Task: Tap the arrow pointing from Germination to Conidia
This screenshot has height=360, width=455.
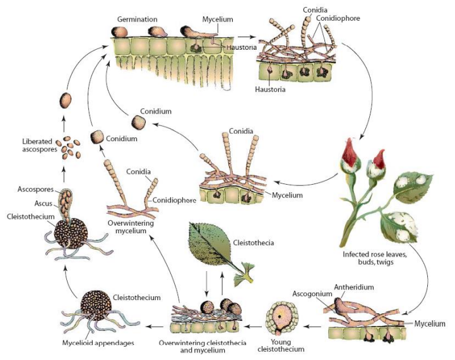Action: (x=247, y=37)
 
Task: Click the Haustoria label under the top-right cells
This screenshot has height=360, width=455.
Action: (x=269, y=90)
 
